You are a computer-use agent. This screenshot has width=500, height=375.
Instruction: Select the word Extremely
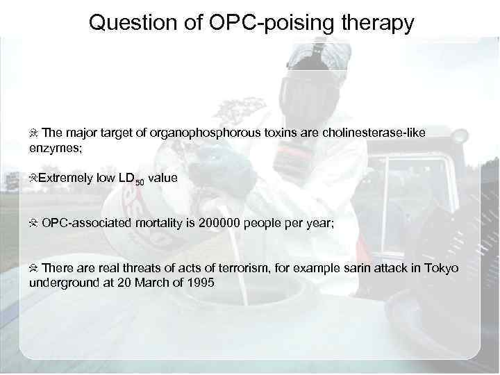(x=66, y=178)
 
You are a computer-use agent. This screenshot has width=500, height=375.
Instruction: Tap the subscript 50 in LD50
(x=140, y=183)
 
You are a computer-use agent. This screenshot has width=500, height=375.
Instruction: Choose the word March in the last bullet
(x=149, y=283)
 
